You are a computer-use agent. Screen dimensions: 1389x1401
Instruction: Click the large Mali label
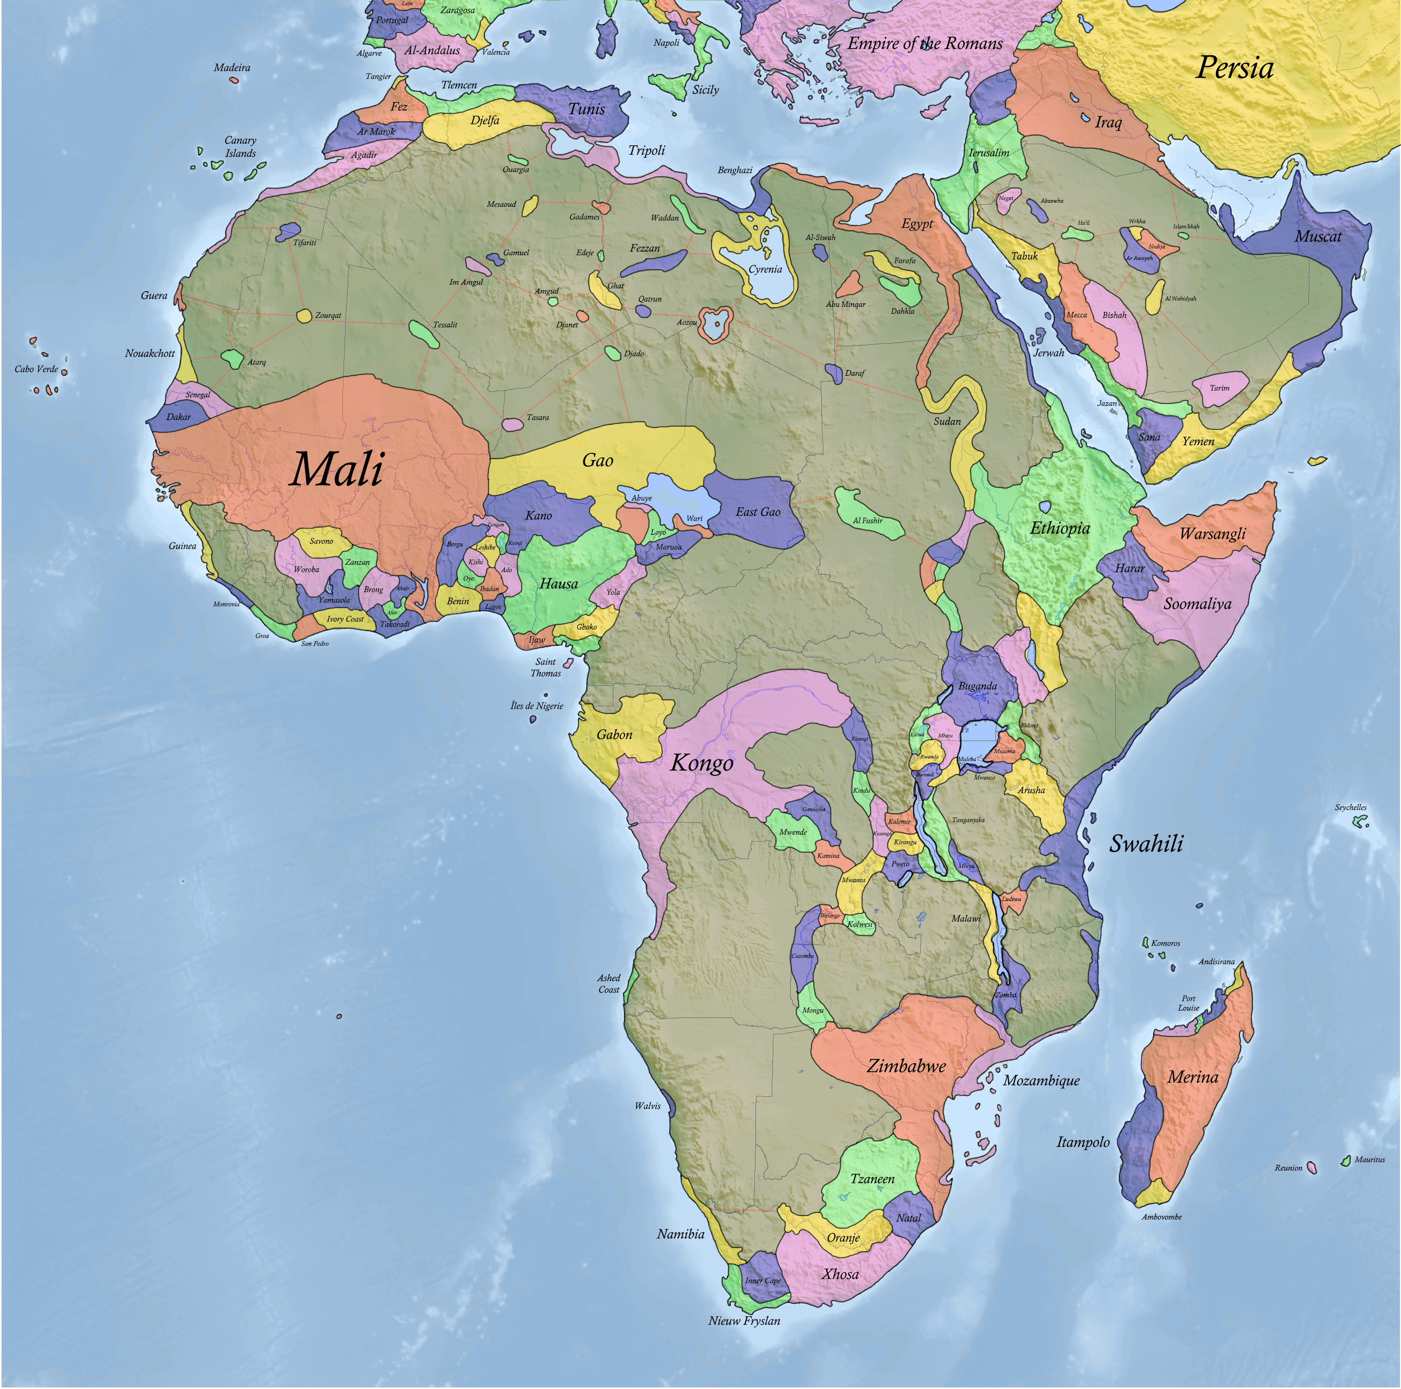[x=337, y=469]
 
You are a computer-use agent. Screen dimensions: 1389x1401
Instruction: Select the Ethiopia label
[x=1060, y=528]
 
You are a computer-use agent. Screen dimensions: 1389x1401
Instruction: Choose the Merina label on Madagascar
[x=1192, y=1077]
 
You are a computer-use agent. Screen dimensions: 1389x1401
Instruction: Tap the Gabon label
[x=614, y=735]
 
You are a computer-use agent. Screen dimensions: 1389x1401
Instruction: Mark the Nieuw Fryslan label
[x=744, y=1320]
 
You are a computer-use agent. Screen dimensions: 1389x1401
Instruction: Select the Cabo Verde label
[x=36, y=369]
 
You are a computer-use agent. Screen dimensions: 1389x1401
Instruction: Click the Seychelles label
[x=1350, y=807]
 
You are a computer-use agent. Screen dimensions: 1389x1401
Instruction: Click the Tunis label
[x=586, y=109]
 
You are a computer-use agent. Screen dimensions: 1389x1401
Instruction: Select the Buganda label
[x=977, y=686]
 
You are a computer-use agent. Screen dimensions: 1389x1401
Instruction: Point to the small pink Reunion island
[x=1311, y=1167]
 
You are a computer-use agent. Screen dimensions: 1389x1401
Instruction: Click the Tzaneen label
[x=872, y=1178]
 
